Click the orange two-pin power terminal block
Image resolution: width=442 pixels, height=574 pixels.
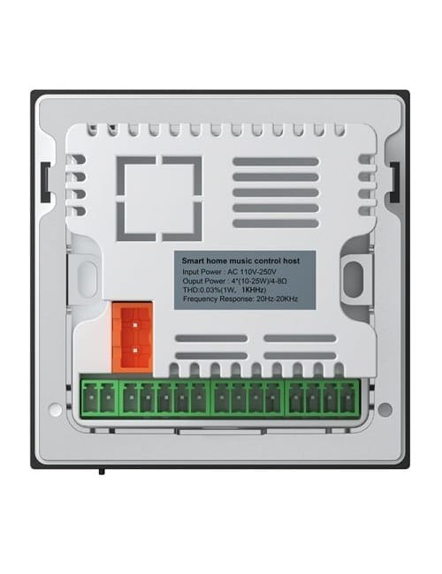click(133, 336)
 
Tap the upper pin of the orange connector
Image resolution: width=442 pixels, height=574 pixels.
click(135, 325)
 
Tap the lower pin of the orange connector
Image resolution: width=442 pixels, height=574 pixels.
click(135, 351)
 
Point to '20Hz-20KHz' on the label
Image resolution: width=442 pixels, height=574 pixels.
click(277, 298)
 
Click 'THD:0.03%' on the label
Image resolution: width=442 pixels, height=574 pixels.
click(200, 290)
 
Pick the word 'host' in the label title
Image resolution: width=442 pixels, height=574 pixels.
click(292, 261)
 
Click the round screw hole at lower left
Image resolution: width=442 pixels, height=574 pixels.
click(55, 409)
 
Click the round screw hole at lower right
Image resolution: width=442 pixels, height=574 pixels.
click(385, 409)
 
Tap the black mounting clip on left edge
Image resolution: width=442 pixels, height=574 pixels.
click(45, 182)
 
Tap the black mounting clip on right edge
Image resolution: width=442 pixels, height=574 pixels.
click(394, 182)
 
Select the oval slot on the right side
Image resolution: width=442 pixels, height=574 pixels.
click(354, 279)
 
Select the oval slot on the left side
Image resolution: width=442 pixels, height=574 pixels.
click(88, 279)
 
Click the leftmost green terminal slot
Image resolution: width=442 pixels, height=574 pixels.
click(90, 399)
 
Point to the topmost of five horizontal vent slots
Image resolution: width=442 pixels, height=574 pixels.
click(276, 162)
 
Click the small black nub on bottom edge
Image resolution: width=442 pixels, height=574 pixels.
click(102, 472)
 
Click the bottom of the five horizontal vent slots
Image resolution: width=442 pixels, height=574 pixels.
click(276, 223)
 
